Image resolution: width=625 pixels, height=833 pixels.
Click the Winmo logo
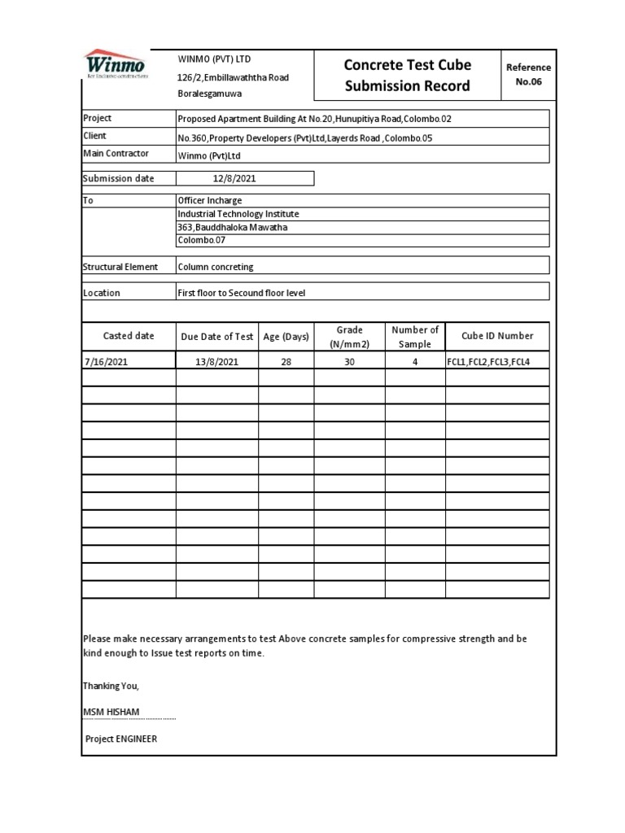point(115,64)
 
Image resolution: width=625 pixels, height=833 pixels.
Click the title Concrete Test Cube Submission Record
point(407,75)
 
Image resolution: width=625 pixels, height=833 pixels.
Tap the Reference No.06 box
point(528,75)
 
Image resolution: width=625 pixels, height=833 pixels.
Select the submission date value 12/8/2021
point(234,178)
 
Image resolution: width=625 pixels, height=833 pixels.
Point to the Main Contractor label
point(116,154)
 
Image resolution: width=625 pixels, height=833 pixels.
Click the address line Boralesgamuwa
point(210,94)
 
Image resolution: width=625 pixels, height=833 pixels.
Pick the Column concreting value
point(216,267)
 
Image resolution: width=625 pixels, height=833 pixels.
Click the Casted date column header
point(129,336)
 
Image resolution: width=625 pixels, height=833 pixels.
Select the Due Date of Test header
point(216,337)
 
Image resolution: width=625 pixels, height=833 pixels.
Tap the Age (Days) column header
point(286,337)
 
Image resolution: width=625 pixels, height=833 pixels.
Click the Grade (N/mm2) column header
point(349,337)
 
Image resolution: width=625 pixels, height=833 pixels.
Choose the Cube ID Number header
point(497,336)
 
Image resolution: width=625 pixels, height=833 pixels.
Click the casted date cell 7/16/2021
point(106,362)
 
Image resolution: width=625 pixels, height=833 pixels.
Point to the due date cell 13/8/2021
point(216,362)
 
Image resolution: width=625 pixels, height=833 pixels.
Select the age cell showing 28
point(286,362)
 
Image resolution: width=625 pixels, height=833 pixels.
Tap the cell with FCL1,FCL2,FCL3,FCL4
point(487,362)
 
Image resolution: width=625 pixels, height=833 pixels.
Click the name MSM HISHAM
point(111,713)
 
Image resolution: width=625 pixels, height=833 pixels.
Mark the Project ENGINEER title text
point(121,739)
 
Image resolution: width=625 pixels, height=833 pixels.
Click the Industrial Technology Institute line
point(238,214)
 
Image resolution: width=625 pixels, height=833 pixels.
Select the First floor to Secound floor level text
point(242,293)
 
